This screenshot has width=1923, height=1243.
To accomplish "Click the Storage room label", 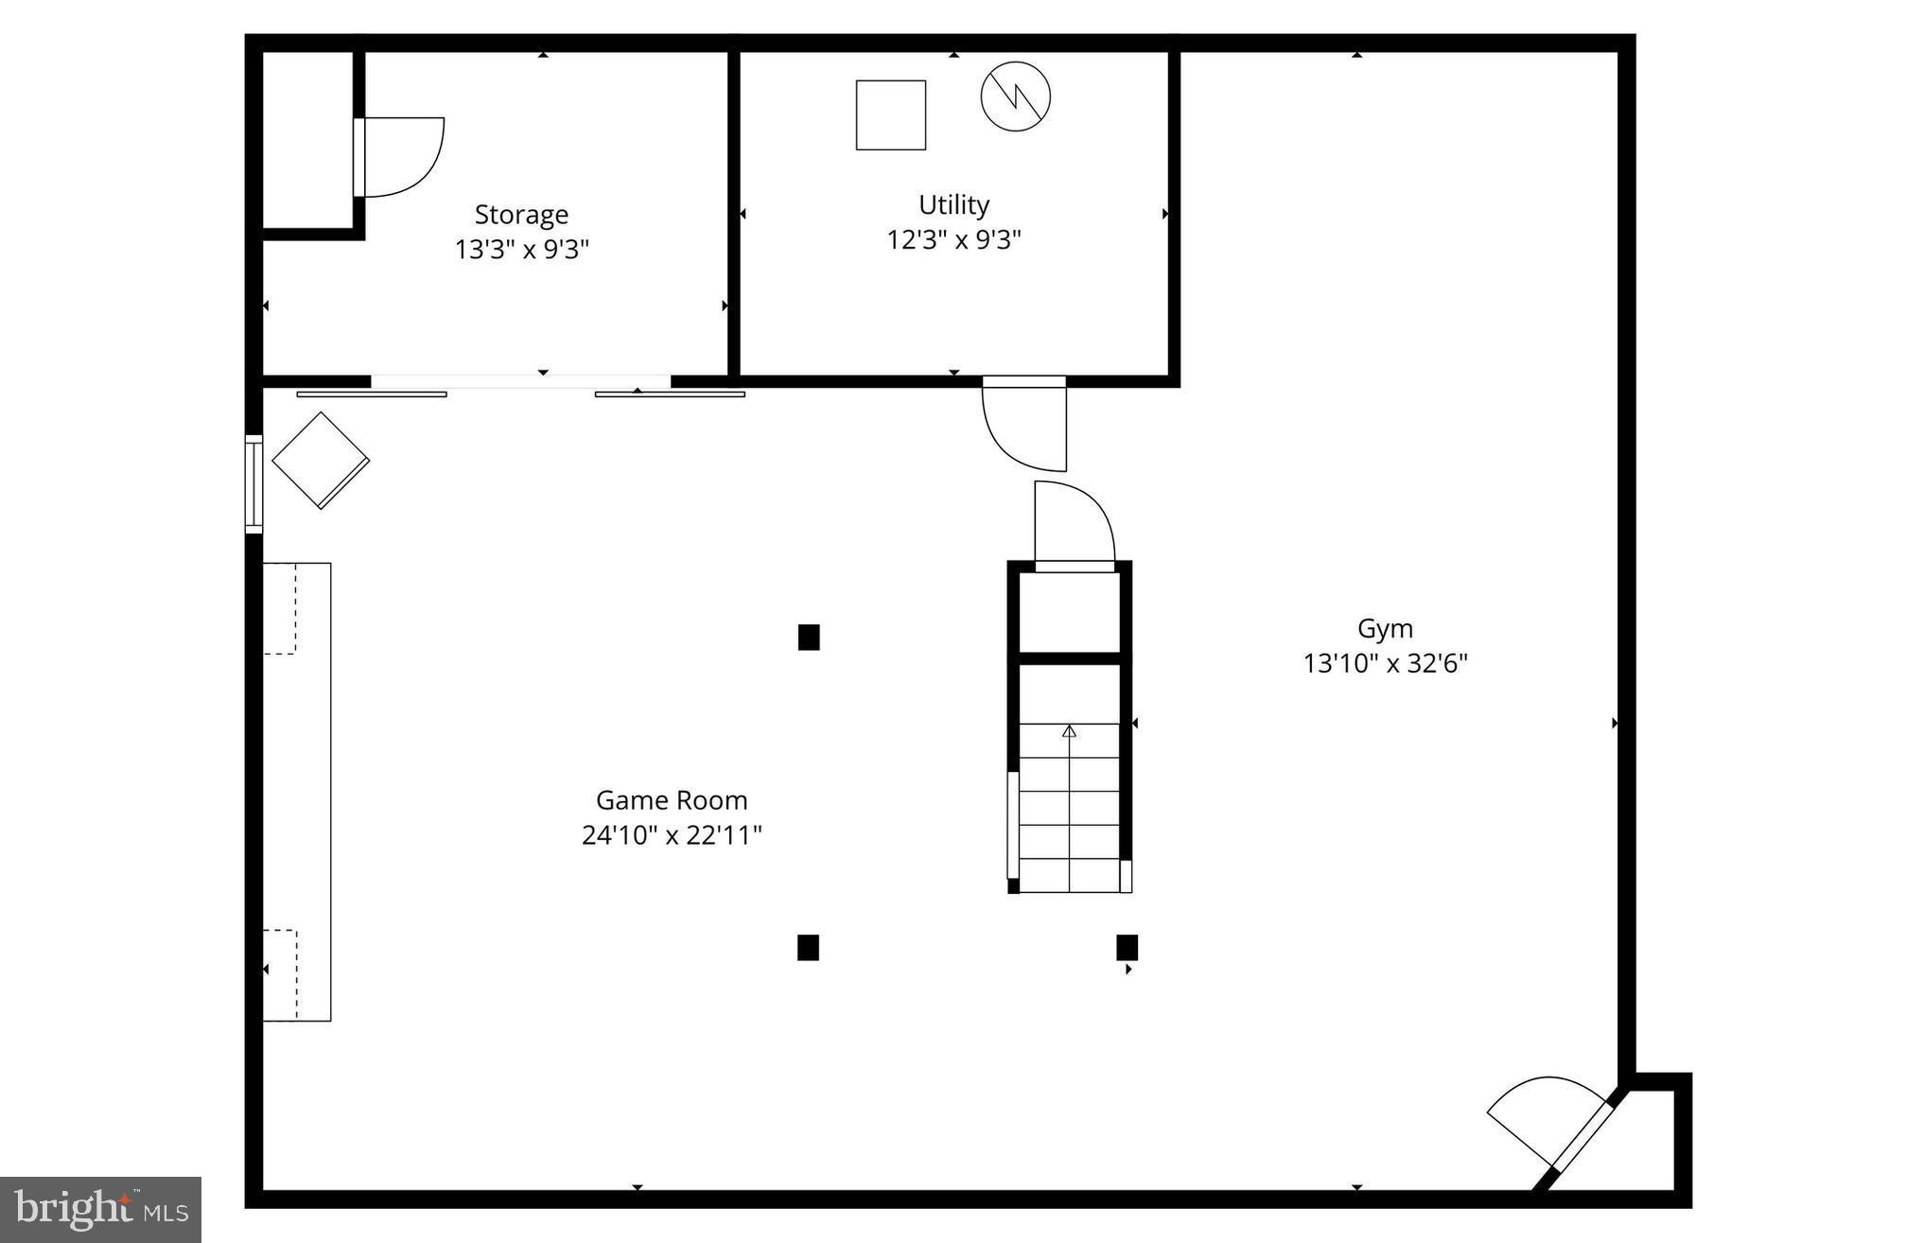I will pos(521,215).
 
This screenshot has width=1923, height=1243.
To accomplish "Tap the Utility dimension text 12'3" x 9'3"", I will pos(953,240).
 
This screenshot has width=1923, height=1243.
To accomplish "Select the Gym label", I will pos(1385,628).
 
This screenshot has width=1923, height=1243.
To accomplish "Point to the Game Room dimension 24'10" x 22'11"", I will pos(672,835).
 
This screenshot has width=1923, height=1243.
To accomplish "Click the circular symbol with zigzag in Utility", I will pos(1015,96).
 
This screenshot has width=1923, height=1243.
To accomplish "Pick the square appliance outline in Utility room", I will pos(890,115).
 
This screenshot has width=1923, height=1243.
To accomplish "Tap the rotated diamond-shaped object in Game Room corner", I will pos(321,461).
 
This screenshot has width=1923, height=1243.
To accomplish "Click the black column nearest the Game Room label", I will pos(808,638).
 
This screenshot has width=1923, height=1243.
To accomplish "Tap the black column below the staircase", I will pos(1127,947).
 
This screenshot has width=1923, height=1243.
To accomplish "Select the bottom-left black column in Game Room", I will pos(808,947).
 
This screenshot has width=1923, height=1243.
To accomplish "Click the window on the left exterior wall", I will pos(253,483).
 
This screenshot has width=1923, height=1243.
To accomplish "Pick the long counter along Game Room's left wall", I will pos(297,792).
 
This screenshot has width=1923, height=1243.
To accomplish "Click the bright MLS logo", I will pos(100,1210).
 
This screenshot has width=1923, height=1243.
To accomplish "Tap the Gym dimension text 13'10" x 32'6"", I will pos(1385,664).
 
